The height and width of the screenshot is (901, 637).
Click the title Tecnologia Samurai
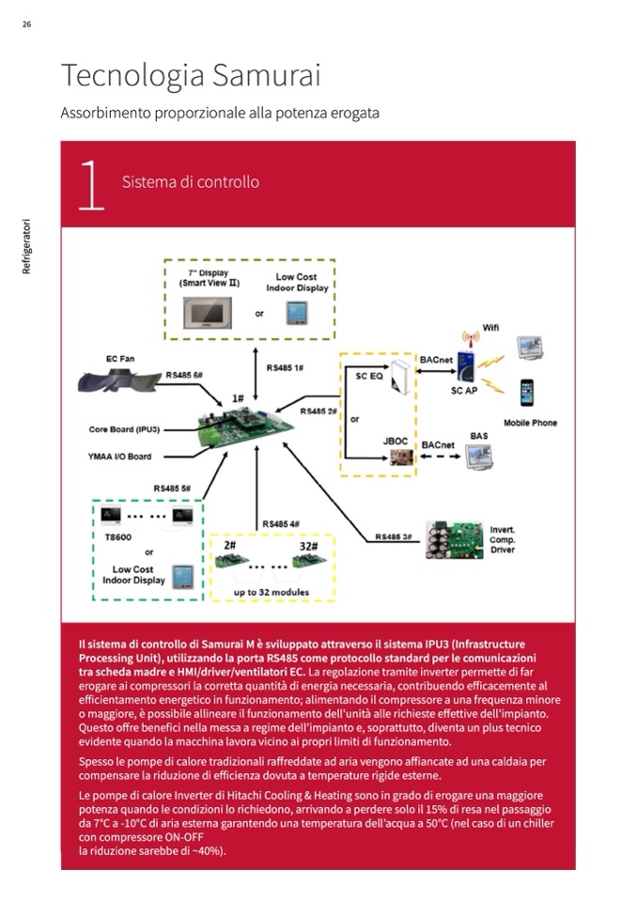tap(191, 74)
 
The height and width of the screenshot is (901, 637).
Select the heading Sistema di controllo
tap(191, 181)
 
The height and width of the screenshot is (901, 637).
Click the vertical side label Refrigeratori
tap(27, 246)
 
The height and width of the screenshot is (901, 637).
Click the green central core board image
tap(248, 427)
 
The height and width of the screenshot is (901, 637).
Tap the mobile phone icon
tap(527, 393)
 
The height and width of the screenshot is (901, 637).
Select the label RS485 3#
tap(394, 536)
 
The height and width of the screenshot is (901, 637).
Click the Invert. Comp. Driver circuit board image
tap(455, 538)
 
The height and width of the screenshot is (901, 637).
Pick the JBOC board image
tap(401, 457)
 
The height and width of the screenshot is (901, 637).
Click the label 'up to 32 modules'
tap(272, 593)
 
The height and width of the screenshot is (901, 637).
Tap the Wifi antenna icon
tap(470, 337)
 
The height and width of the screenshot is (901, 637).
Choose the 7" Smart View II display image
tap(208, 311)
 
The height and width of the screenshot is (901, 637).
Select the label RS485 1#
tap(285, 367)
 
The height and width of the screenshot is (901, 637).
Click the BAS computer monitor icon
tap(479, 456)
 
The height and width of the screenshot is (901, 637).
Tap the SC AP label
tap(465, 390)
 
